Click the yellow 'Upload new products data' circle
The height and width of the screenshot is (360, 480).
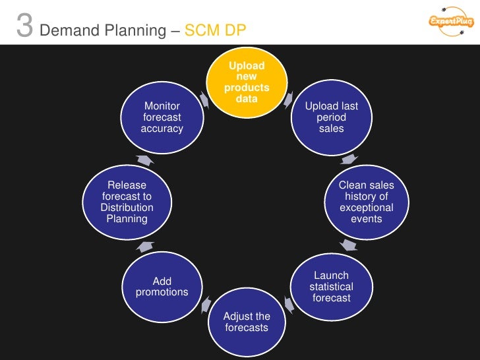[247, 82]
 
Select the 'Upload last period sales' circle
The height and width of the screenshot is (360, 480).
[331, 117]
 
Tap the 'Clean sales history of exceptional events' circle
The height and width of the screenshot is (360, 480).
[366, 202]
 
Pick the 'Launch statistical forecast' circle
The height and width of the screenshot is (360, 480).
[331, 287]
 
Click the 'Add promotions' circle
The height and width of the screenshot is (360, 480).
[162, 287]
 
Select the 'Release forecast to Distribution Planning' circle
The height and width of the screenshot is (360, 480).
[127, 202]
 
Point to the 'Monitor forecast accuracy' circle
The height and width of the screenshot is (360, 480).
[162, 117]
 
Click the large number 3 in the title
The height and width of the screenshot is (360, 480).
[24, 27]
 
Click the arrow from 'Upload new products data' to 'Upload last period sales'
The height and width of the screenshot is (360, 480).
[289, 99]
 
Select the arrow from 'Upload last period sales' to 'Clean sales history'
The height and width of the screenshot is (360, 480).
[349, 160]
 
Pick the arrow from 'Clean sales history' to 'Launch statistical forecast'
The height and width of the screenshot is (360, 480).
[349, 245]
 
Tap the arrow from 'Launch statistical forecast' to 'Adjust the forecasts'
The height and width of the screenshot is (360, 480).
[288, 304]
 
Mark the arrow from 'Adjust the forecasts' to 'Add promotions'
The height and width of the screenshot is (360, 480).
[205, 304]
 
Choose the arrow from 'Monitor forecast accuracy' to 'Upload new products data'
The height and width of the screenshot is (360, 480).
[204, 99]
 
